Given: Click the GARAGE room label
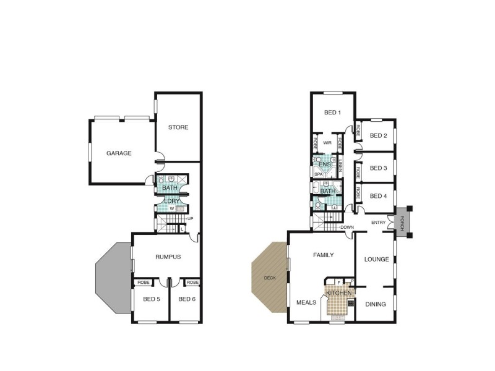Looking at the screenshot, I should coord(119,153).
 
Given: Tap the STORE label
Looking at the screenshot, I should coord(178,127).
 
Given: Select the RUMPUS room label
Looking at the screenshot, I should coord(168,257).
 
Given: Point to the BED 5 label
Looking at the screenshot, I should coord(152,300).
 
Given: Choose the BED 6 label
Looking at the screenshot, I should coord(186,300).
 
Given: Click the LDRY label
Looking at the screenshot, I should coord(171,200).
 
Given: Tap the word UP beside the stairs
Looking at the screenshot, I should coord(190,218).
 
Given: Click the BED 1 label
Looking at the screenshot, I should coord(333,113).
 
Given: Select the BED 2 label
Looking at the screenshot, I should coord(378,136).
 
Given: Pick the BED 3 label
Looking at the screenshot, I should coord(378,168).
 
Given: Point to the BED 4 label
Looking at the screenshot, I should coord(378,196).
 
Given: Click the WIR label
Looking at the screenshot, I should coord(327,143).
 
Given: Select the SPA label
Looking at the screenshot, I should coord(319,174).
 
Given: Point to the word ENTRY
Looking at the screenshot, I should coord(379,223).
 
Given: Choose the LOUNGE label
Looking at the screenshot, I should coord(376,259).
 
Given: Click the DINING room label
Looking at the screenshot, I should coord(376,304).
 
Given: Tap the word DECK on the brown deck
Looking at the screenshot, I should coord(269,278).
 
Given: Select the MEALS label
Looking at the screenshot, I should coord(307,302).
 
